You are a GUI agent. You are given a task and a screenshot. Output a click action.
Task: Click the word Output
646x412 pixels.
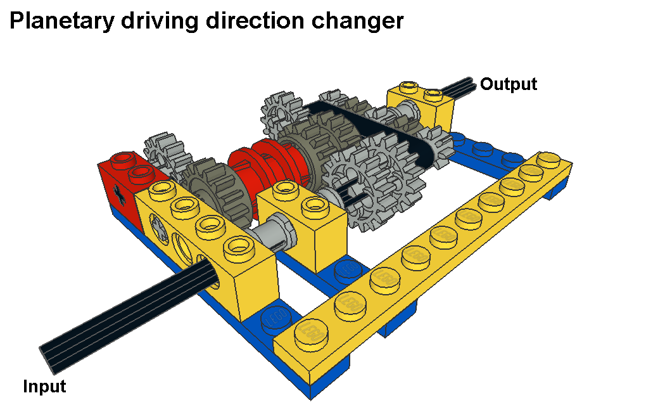coord(509,84)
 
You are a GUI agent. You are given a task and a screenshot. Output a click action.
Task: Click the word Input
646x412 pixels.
coord(44,387)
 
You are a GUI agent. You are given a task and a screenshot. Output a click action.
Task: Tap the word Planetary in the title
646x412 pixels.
coord(62,21)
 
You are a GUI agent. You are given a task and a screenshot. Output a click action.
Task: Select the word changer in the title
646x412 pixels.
coord(357,21)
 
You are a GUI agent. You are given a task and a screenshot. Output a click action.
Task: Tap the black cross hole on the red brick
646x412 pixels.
coord(120,195)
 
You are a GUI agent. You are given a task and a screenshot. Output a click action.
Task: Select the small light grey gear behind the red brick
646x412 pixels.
coord(167,155)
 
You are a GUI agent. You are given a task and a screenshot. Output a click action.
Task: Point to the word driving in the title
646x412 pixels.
coord(160,21)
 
